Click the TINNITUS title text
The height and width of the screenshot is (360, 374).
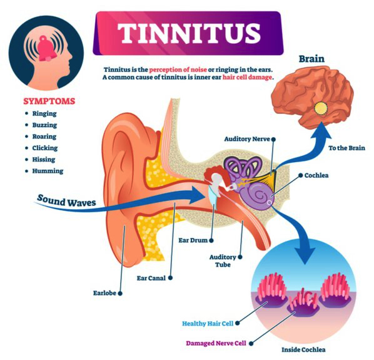189,33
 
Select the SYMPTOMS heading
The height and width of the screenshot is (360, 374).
49,101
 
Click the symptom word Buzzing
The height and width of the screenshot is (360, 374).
44,125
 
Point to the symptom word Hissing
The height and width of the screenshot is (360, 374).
44,160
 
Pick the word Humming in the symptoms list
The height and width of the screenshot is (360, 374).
48,171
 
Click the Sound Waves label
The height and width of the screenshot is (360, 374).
66,201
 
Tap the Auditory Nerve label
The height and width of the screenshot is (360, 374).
247,139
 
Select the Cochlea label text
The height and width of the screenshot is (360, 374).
316,175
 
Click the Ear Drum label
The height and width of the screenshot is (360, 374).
193,240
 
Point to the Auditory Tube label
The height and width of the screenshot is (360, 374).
223,261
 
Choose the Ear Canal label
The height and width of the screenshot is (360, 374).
151,278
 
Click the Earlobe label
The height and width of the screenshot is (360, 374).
104,293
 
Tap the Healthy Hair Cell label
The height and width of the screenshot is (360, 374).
208,324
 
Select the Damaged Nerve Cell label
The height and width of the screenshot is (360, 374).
216,343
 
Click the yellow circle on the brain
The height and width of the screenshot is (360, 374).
321,108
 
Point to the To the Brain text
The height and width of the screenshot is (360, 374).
346,148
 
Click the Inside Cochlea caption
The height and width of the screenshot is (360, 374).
303,350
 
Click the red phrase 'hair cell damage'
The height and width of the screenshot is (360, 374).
247,78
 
